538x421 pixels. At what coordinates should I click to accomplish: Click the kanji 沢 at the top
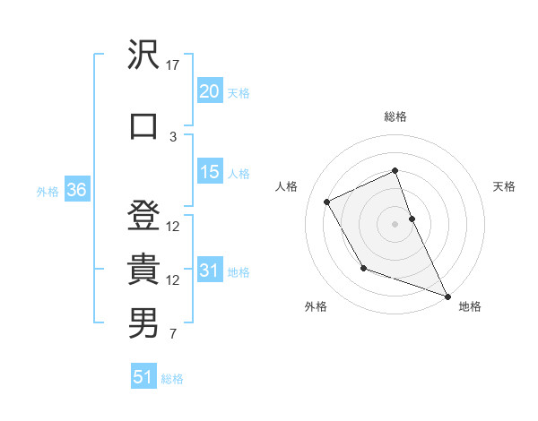click(x=143, y=55)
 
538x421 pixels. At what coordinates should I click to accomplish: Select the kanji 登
click(x=143, y=215)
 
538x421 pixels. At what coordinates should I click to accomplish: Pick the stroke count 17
click(x=173, y=65)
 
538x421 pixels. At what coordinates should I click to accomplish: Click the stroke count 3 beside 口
click(x=173, y=136)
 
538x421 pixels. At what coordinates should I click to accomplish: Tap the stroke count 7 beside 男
click(x=173, y=335)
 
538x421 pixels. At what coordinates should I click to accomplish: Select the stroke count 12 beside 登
click(x=173, y=226)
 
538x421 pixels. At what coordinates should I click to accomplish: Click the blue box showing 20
click(x=209, y=91)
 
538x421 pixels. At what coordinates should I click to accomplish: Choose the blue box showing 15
click(x=209, y=172)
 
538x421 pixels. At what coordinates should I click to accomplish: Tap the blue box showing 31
click(x=209, y=271)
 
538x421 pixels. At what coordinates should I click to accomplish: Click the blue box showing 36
click(x=76, y=190)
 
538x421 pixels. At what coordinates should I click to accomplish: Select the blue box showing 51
click(x=143, y=377)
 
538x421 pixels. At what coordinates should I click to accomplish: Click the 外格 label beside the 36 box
click(x=48, y=191)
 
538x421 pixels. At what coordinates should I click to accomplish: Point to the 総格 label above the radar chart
click(x=395, y=116)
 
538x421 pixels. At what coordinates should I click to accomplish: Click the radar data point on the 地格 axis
click(x=448, y=296)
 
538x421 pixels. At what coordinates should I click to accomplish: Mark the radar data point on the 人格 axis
click(x=327, y=202)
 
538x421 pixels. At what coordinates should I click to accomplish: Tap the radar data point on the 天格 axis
click(x=412, y=218)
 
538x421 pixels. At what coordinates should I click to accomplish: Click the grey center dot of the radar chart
click(x=395, y=223)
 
